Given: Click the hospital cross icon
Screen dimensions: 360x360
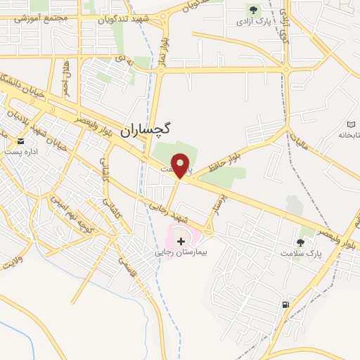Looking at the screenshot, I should point(182,241).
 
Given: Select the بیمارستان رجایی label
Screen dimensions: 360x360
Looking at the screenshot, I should point(183,252).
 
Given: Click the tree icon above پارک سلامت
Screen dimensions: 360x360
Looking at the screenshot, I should point(301,241).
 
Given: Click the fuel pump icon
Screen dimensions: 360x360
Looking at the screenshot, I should point(285,304).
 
